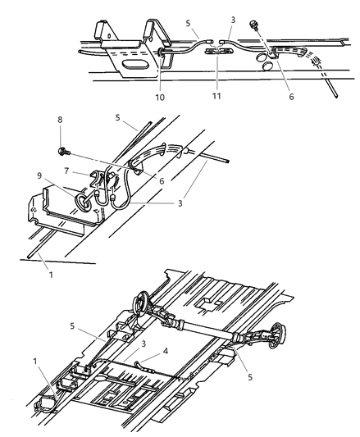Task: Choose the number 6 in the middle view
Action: [x=161, y=181]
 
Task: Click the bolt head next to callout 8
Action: [x=64, y=151]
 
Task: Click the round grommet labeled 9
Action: [x=84, y=201]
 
